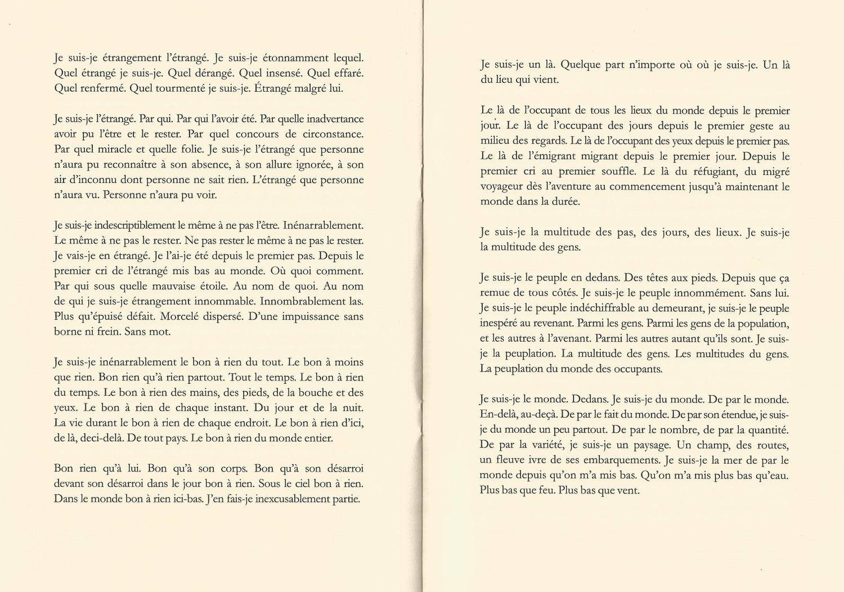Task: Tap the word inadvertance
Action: pyautogui.click(x=327, y=119)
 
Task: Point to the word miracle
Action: pyautogui.click(x=118, y=150)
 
